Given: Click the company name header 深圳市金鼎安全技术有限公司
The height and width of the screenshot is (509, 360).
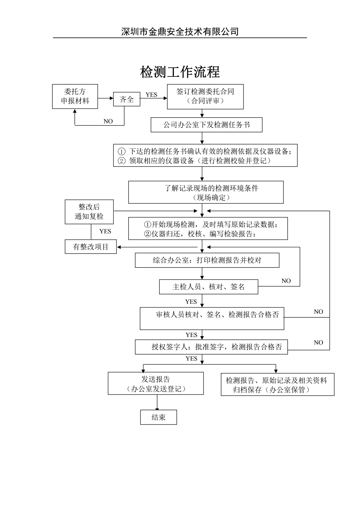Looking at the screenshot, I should point(180,31).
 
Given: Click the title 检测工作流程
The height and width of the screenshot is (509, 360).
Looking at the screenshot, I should point(180,72).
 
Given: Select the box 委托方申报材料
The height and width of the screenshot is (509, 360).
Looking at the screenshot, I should point(75,96).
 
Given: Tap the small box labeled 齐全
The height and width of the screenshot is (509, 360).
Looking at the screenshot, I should point(127,99).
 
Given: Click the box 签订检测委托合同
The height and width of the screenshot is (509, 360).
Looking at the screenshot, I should point(205,96).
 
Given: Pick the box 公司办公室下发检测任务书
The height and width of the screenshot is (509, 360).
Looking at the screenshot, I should point(207,125).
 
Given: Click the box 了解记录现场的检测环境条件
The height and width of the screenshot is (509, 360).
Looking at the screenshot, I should point(206,192).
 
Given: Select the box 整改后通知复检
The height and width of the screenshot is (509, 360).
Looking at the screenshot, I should point(89,212).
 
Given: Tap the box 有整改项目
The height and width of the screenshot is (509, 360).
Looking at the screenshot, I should point(91,247).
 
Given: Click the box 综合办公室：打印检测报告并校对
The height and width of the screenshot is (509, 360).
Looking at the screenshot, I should point(207,260).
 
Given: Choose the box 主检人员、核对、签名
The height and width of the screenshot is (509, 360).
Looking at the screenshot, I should point(209,287).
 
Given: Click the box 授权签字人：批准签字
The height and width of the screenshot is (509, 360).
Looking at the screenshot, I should point(211,347).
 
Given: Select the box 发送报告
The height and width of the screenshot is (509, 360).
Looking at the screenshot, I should point(156,383).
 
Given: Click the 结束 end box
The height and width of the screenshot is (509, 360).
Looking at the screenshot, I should point(159,417).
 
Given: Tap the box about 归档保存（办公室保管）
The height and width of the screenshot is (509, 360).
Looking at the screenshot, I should point(277,384).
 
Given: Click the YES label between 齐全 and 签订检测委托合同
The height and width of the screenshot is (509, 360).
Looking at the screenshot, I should point(151,95).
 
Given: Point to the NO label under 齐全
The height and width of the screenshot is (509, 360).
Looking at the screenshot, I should point(108,121).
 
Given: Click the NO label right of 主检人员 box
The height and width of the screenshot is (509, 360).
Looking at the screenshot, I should point(286,281).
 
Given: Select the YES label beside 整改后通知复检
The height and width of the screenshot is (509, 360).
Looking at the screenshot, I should point(105,231).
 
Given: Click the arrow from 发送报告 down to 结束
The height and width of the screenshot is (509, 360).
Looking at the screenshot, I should point(157,402).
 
